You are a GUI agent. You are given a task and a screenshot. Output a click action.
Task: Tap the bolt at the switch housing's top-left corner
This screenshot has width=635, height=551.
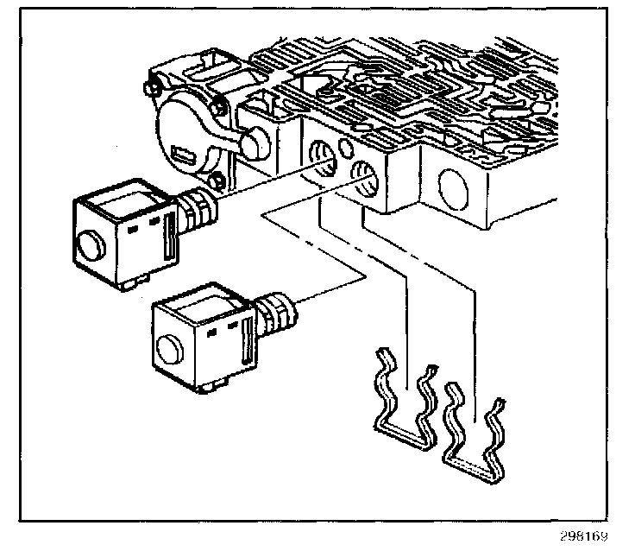click(x=152, y=85)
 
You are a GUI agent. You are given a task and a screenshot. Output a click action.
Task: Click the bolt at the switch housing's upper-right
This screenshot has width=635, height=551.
click(x=218, y=108)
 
